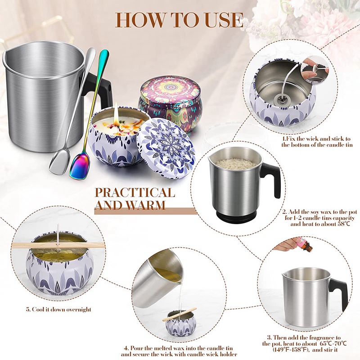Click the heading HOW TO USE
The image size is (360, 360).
pyautogui.click(x=180, y=20)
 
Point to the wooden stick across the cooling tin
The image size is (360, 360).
pyautogui.click(x=58, y=246)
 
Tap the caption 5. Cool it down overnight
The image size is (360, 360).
pyautogui.click(x=58, y=309)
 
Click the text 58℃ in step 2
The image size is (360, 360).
pyautogui.click(x=344, y=224)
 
